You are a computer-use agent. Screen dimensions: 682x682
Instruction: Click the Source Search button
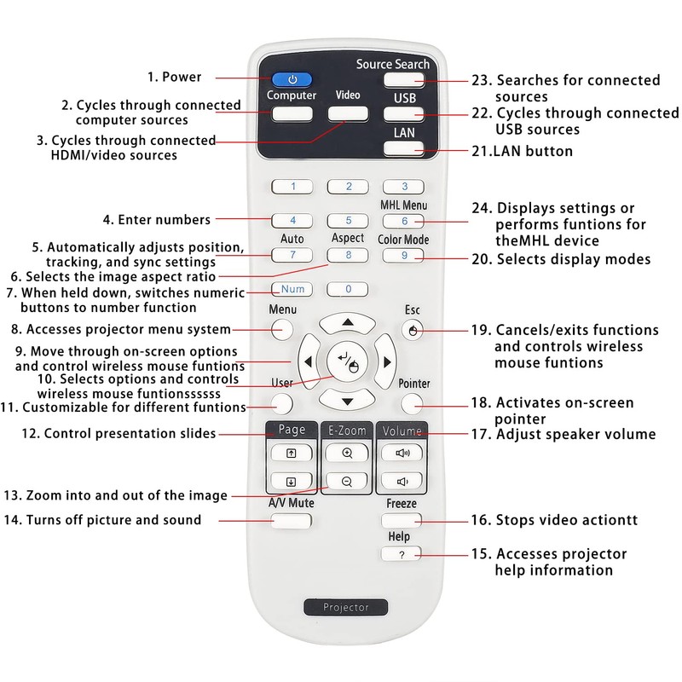403,81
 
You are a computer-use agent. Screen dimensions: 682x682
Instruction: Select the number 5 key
348,221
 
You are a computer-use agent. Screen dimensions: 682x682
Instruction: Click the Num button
292,289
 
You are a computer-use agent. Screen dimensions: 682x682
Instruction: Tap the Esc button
413,330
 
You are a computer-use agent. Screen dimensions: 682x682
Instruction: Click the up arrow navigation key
347,321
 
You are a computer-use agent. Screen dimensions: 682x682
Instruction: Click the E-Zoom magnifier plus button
347,454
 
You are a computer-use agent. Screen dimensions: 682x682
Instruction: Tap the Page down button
292,481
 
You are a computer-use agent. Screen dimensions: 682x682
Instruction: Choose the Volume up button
402,454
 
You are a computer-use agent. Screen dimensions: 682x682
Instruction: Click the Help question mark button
402,554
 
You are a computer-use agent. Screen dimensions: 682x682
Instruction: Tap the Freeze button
402,519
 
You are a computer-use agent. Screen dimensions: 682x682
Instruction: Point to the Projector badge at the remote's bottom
347,607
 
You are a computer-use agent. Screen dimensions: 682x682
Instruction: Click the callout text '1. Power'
174,77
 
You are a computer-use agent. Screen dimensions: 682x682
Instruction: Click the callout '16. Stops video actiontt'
554,520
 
